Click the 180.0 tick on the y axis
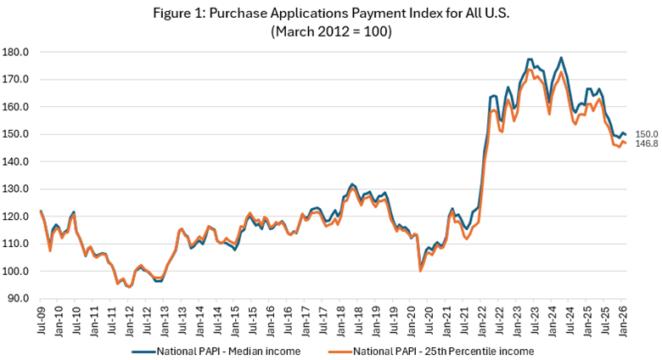[18, 52]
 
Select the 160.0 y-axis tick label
[18, 107]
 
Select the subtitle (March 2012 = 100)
[331, 31]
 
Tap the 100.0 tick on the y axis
[18, 271]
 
